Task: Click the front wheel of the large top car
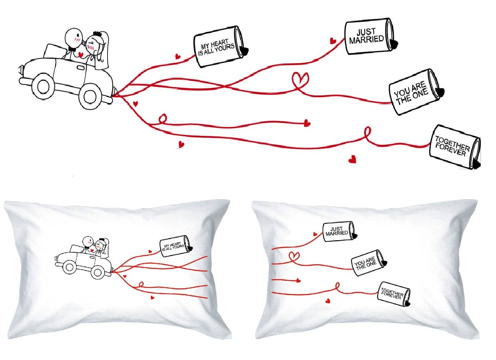click(43, 85)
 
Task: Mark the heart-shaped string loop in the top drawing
click(300, 81)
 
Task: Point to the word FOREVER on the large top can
click(450, 151)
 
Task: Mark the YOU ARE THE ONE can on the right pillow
click(367, 264)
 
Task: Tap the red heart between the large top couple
click(81, 55)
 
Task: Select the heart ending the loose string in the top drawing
click(307, 123)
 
